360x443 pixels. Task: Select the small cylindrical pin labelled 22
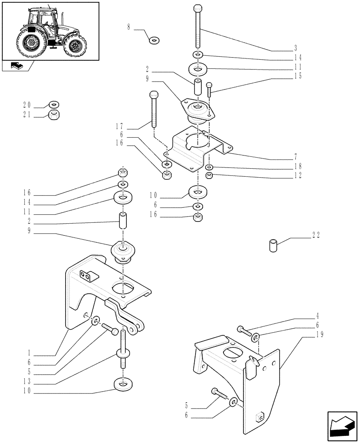273,245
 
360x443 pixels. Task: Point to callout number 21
27,115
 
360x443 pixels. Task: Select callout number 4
317,317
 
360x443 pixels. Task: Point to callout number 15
298,76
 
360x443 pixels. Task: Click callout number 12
298,175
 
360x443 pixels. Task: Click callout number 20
27,105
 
